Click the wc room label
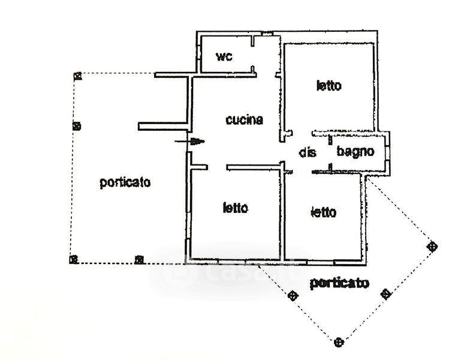(x=224, y=57)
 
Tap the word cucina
(x=244, y=119)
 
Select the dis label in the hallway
(x=308, y=152)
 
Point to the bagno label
(x=355, y=152)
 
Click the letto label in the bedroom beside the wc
(x=329, y=86)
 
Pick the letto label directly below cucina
(x=235, y=208)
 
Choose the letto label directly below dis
(x=324, y=212)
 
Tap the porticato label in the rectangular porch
(x=125, y=182)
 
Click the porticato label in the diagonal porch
(x=339, y=283)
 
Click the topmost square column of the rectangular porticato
(x=77, y=76)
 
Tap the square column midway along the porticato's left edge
(x=76, y=126)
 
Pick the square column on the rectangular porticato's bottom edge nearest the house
(x=138, y=260)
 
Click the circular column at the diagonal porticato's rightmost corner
(x=432, y=246)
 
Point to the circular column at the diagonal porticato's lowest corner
(x=339, y=342)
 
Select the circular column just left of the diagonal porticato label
(x=293, y=295)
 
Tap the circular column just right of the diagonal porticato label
(x=386, y=294)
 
